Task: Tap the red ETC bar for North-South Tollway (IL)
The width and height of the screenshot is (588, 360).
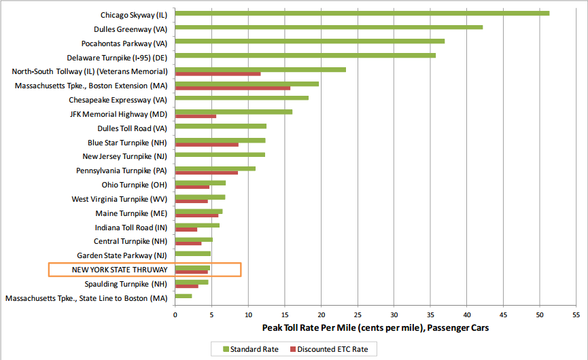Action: click(218, 74)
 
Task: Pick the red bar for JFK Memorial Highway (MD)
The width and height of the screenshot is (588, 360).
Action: click(196, 116)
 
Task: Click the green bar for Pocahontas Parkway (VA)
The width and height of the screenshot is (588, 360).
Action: click(310, 41)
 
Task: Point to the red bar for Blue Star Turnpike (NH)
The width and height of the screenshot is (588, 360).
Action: click(207, 145)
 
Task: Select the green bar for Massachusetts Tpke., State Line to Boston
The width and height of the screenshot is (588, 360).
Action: click(184, 296)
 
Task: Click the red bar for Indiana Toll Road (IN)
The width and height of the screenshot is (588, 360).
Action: click(186, 230)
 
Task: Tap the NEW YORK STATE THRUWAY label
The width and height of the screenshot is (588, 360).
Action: click(120, 270)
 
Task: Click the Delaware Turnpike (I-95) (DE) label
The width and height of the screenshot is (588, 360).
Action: click(118, 57)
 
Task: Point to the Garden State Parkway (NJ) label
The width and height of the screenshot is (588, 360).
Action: click(122, 255)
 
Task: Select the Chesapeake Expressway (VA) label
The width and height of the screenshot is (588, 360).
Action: click(118, 99)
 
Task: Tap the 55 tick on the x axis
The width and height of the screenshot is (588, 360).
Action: click(576, 315)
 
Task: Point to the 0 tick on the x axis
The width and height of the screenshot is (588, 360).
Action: click(175, 315)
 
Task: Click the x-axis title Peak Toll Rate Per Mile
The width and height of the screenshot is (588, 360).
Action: click(375, 328)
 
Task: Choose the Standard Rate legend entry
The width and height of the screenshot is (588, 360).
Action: click(249, 349)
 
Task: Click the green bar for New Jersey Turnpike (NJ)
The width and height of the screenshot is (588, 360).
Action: click(220, 155)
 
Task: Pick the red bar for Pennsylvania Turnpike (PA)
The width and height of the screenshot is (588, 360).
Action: click(207, 173)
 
